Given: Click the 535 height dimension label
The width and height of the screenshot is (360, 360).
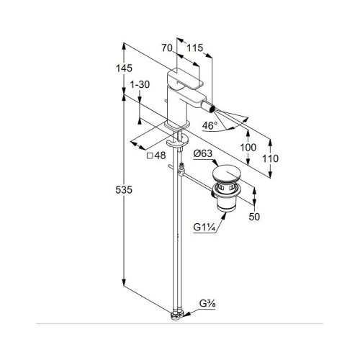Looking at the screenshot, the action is (124, 190).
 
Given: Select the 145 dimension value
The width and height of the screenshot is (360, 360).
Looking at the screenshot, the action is (124, 68).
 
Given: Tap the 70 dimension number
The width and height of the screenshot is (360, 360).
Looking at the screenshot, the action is (167, 48).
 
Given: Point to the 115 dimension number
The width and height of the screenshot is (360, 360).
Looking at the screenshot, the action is (195, 48).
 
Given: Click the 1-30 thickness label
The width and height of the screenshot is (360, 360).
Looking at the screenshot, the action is (140, 84).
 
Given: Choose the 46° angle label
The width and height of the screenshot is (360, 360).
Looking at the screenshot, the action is (210, 125).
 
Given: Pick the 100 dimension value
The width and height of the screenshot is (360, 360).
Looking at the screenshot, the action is (248, 148).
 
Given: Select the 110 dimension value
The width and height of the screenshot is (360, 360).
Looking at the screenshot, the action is (270, 158).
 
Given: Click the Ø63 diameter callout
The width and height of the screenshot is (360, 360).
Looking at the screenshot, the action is (203, 153).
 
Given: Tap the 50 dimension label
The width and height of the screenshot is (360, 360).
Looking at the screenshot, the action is (254, 217).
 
